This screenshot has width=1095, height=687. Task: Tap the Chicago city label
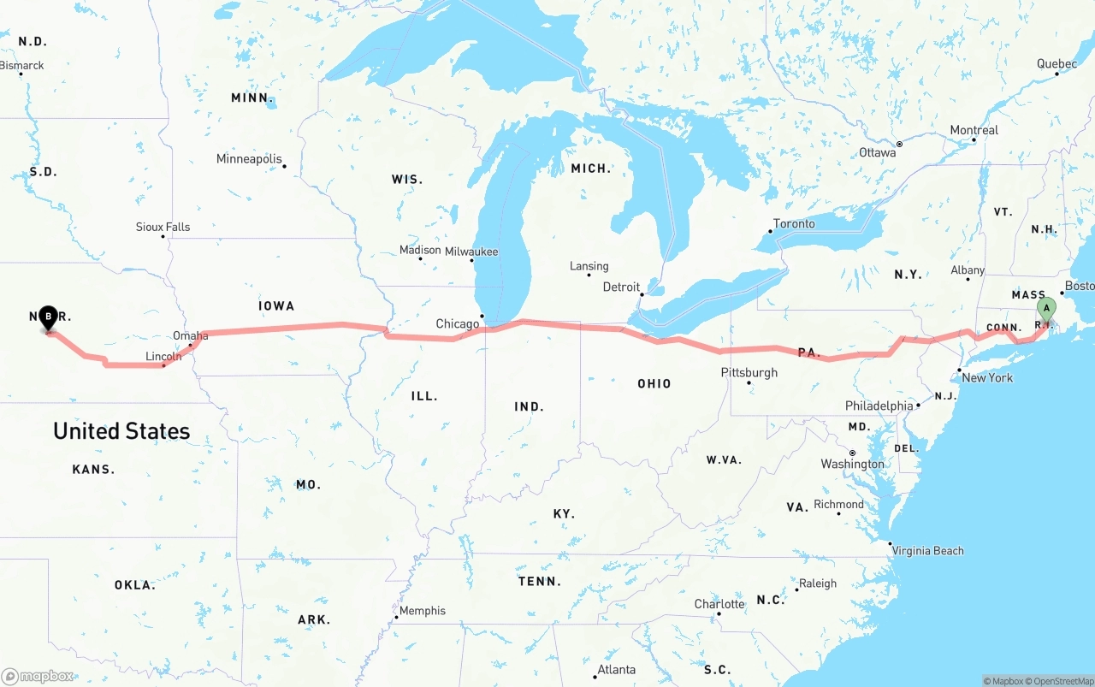(x=458, y=324)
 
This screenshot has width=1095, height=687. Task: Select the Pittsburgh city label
(x=749, y=373)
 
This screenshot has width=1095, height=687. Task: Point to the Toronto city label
(x=794, y=224)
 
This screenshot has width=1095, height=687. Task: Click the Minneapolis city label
(x=249, y=159)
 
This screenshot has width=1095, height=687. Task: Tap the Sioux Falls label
(x=163, y=228)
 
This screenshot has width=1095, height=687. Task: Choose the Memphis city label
(x=423, y=611)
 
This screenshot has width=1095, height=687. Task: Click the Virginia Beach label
(x=927, y=551)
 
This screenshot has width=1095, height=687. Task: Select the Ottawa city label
(x=878, y=152)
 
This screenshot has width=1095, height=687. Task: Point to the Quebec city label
(x=1057, y=64)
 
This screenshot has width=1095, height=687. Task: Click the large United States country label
(x=121, y=431)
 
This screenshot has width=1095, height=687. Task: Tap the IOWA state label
(x=276, y=305)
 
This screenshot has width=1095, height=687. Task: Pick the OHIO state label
(x=654, y=383)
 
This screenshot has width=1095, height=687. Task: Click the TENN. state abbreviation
(x=541, y=582)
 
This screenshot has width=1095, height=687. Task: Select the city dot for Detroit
(x=642, y=294)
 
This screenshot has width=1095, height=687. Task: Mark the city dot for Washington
(x=852, y=453)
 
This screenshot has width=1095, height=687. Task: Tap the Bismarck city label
(x=22, y=66)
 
